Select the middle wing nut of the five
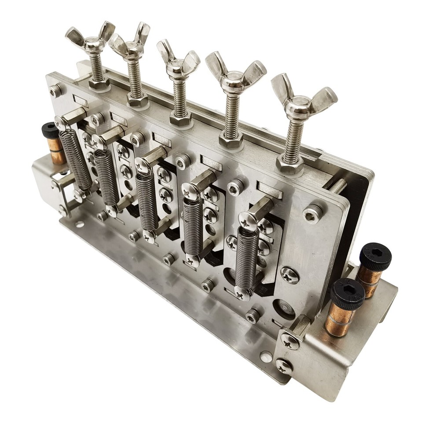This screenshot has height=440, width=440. click(178, 63)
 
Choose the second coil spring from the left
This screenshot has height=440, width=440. click(107, 178)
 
